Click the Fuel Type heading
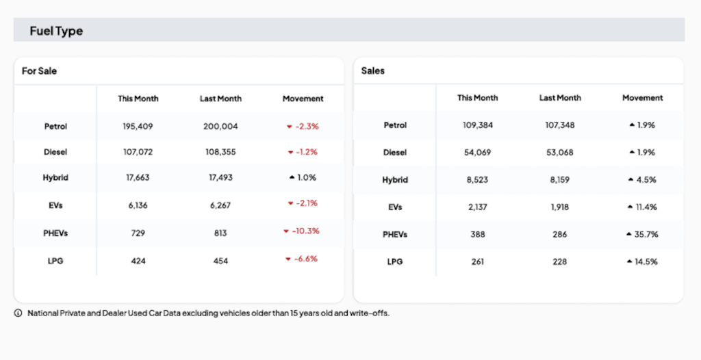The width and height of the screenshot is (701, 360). (56, 31)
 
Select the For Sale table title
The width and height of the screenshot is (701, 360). (39, 70)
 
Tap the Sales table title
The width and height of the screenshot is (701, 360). (373, 70)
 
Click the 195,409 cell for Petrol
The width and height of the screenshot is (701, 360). (138, 127)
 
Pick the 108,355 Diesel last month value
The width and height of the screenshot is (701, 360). (220, 152)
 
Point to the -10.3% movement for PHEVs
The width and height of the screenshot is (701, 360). (305, 231)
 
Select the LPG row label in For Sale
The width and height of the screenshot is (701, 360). (55, 261)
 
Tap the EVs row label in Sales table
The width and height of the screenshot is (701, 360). (395, 207)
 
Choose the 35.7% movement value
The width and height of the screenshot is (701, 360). (646, 234)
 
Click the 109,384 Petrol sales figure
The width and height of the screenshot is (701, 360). (478, 125)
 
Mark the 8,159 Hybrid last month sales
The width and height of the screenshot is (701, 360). (560, 180)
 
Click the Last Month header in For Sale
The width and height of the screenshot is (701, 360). (220, 99)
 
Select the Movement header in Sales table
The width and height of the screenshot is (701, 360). (642, 98)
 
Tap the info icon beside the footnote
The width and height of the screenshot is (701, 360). (18, 313)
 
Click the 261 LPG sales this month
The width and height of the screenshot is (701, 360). (478, 261)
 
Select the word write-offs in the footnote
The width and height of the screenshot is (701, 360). (370, 313)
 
